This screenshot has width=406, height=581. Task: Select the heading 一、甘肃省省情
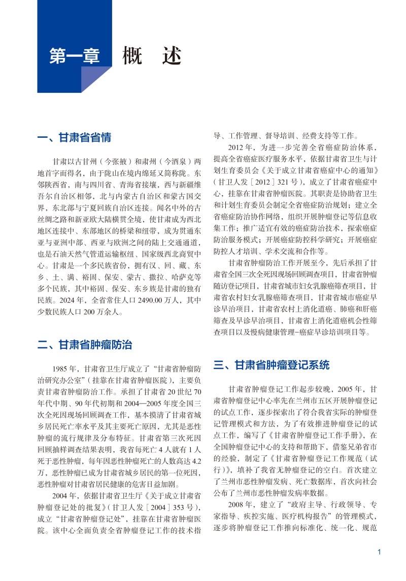pyautogui.click(x=75, y=138)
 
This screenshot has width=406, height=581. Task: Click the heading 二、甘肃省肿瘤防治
pyautogui.click(x=85, y=345)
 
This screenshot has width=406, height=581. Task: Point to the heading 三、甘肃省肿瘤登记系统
pyautogui.click(x=271, y=365)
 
